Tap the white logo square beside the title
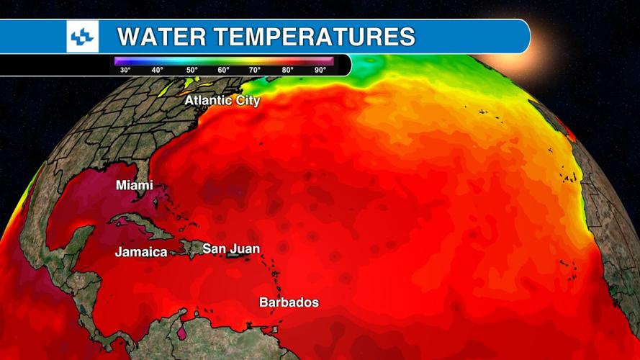click(x=82, y=36)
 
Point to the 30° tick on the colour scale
click(x=125, y=70)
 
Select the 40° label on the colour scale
click(x=157, y=70)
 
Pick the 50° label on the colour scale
click(x=191, y=70)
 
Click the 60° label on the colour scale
click(x=223, y=70)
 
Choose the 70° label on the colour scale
click(x=255, y=70)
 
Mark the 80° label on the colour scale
click(x=287, y=70)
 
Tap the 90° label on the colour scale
click(x=320, y=70)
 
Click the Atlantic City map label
click(x=222, y=101)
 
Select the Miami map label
click(x=135, y=186)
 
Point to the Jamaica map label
click(x=141, y=252)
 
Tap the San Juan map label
click(x=230, y=249)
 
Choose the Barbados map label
click(x=289, y=302)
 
